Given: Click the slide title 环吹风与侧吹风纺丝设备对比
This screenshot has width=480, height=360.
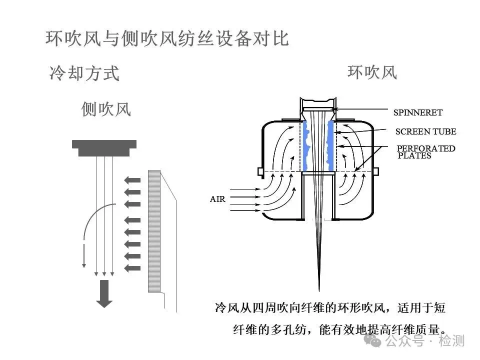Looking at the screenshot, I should [x=167, y=38].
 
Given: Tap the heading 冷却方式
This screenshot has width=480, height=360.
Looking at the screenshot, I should [x=84, y=73].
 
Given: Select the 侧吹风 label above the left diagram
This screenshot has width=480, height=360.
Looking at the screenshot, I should [x=106, y=108].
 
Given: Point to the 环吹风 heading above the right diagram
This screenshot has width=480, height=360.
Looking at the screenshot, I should [x=372, y=72].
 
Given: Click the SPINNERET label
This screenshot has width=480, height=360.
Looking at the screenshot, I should [x=417, y=113].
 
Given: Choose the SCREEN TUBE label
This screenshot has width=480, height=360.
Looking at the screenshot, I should [x=425, y=132].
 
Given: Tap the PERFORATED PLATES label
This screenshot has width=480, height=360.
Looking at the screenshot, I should [x=425, y=151].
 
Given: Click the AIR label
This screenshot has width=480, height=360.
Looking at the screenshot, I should [x=217, y=199].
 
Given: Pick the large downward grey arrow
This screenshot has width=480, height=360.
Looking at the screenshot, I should [x=104, y=293].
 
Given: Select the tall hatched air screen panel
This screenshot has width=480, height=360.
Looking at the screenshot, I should [x=154, y=231].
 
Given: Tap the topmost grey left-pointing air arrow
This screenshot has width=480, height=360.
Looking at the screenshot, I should [x=132, y=180].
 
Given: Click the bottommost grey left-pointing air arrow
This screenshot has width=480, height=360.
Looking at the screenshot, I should [x=132, y=268].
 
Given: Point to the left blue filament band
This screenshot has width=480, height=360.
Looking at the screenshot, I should [x=306, y=145].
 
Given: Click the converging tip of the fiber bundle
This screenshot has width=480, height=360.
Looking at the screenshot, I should [x=318, y=287].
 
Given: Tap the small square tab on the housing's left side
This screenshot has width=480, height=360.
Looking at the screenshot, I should [x=260, y=171].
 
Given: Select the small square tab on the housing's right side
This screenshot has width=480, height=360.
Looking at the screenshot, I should [x=375, y=171].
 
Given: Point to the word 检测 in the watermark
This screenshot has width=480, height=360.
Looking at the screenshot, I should [x=451, y=341].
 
